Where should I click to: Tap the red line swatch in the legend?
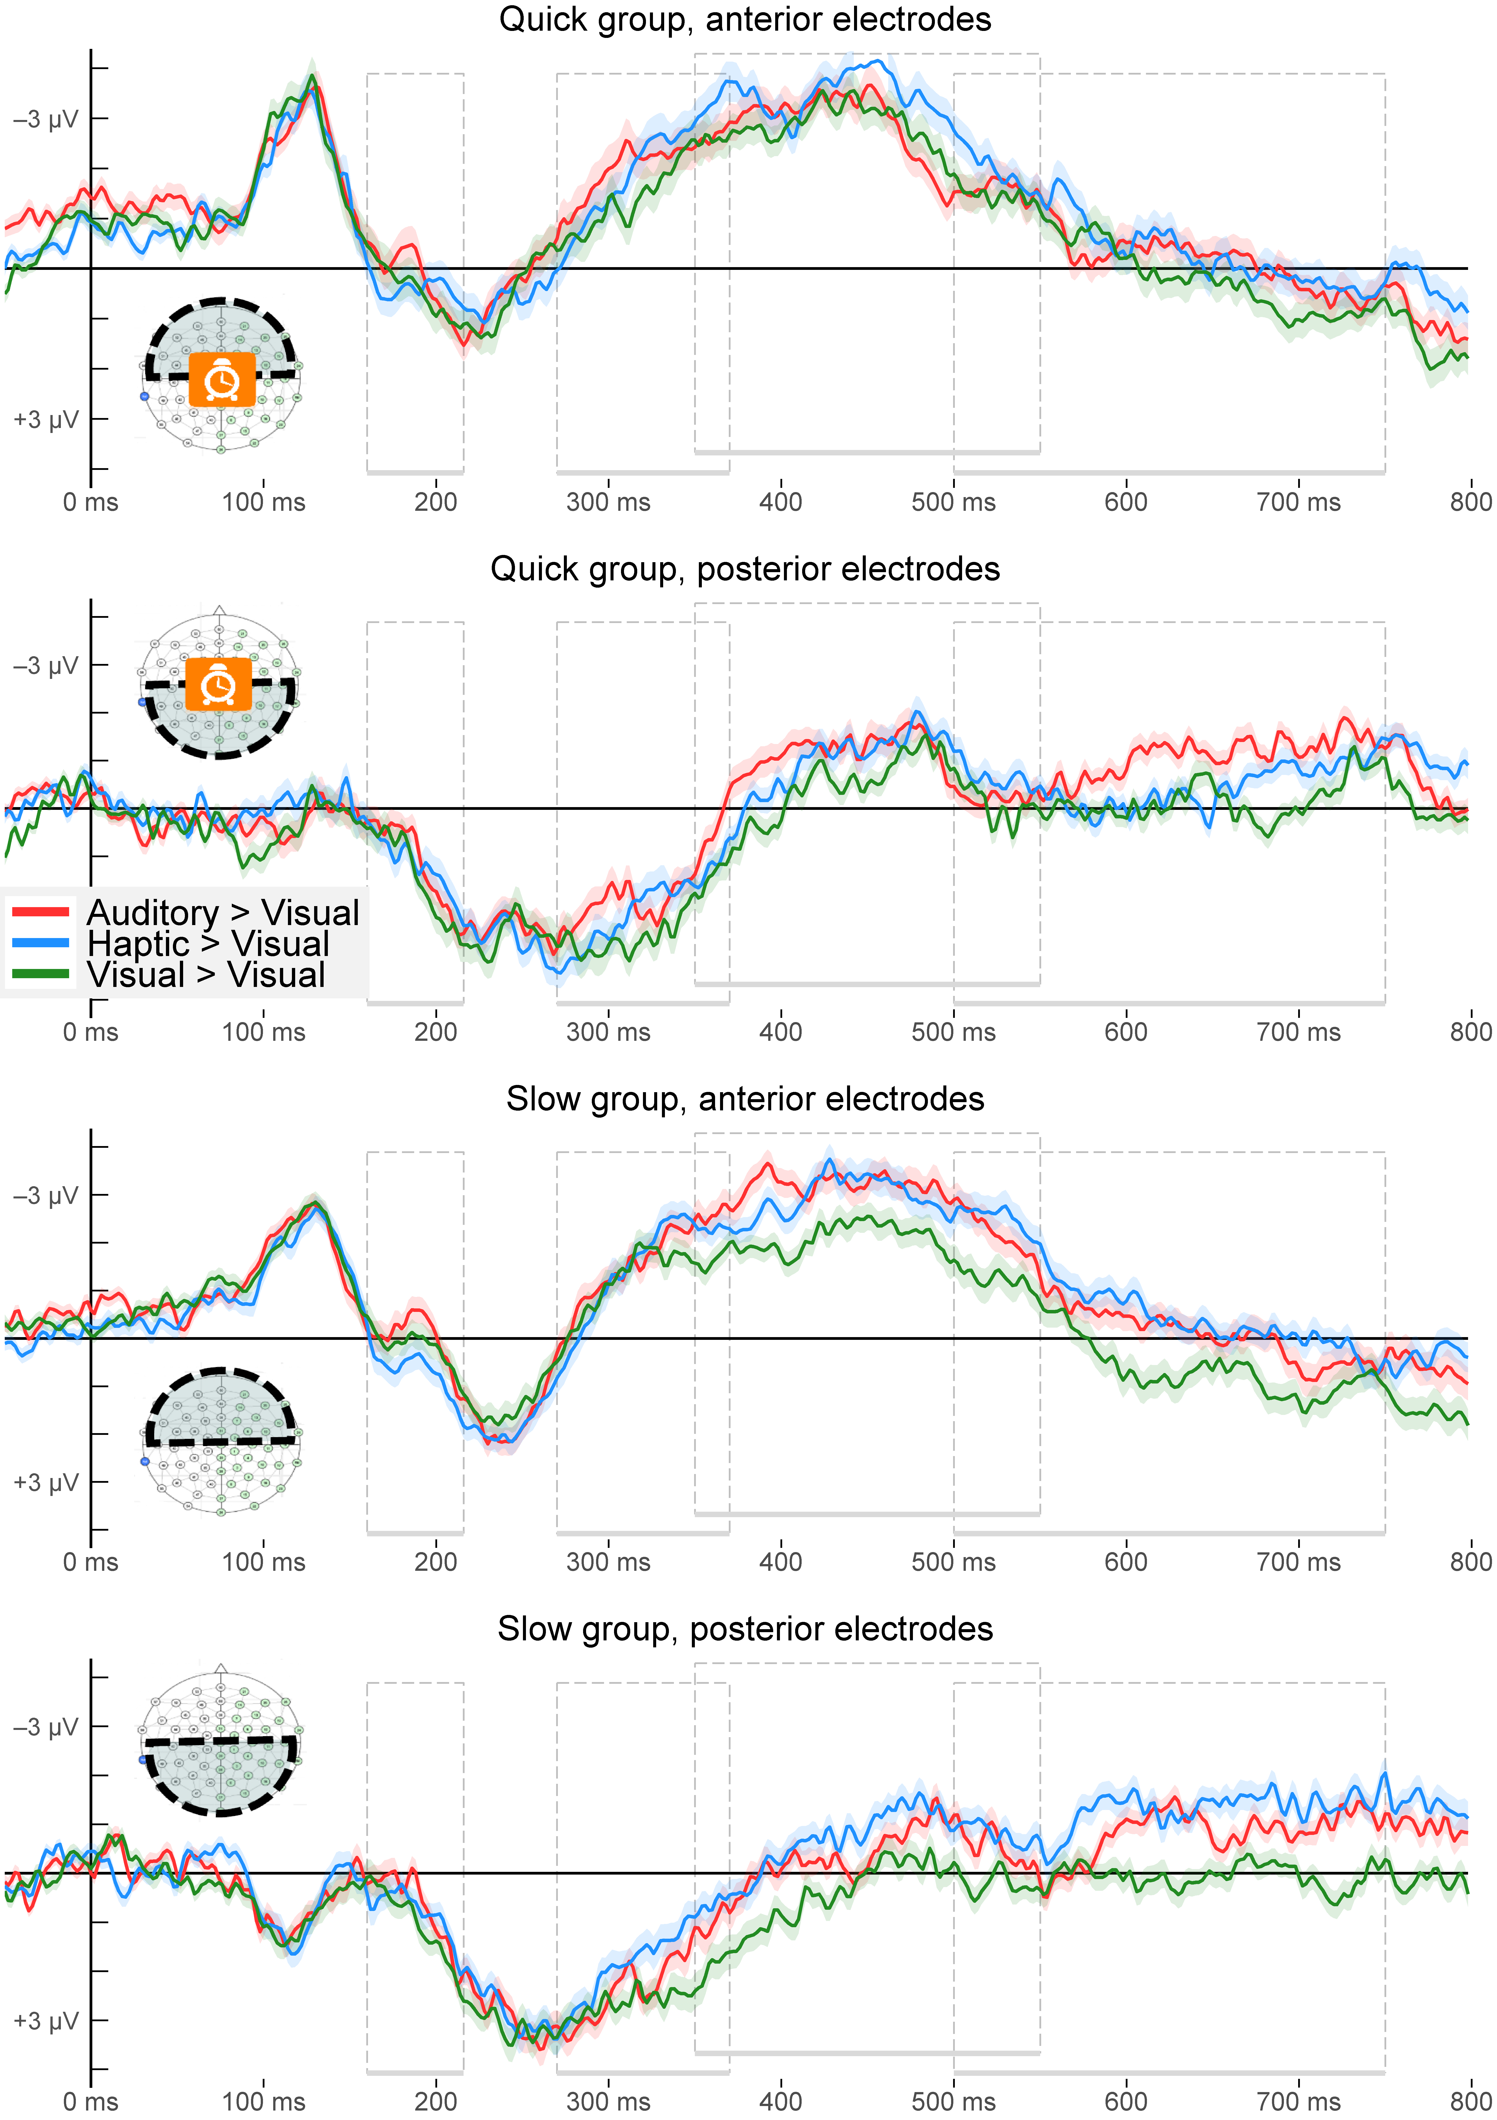41,912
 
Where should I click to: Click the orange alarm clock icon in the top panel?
222,379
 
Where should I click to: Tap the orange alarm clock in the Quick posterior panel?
219,684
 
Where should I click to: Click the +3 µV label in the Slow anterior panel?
45,1483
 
